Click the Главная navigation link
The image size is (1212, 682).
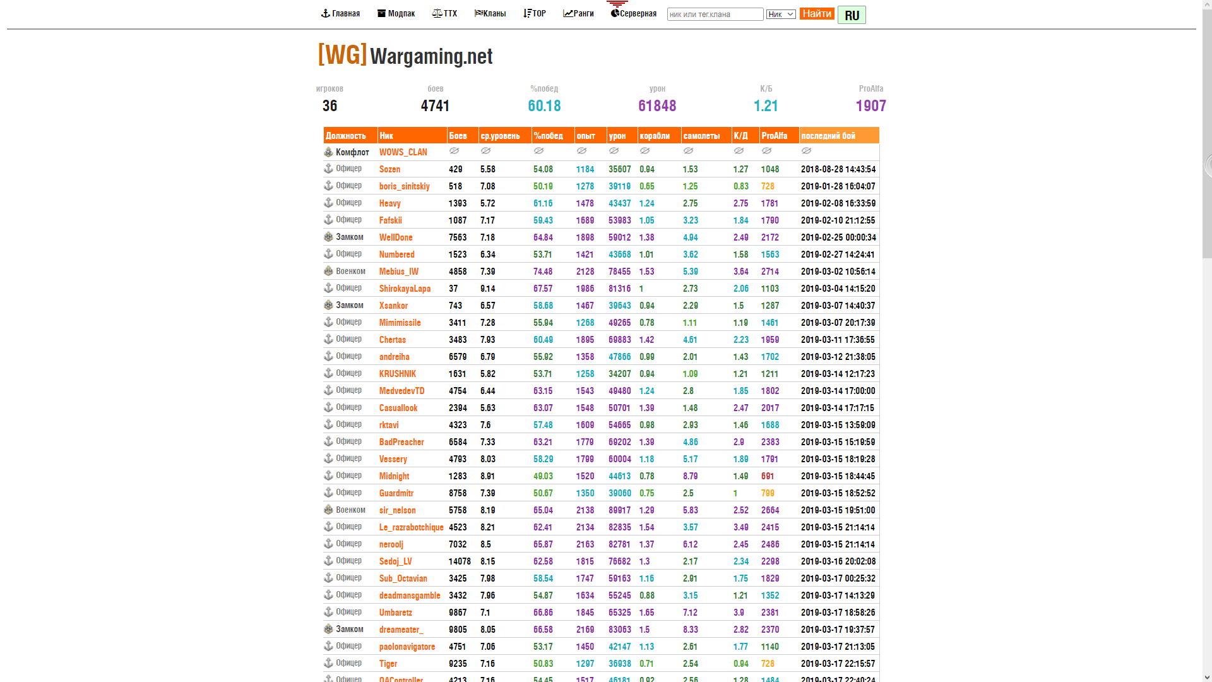pyautogui.click(x=341, y=13)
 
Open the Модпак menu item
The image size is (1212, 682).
pyautogui.click(x=396, y=13)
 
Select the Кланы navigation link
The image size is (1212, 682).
pyautogui.click(x=490, y=13)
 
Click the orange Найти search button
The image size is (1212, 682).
pyautogui.click(x=817, y=13)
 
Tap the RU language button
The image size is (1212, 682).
pyautogui.click(x=852, y=15)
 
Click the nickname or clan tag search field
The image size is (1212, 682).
pyautogui.click(x=715, y=14)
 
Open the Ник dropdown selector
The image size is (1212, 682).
pyautogui.click(x=781, y=14)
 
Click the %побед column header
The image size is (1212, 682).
pyautogui.click(x=548, y=136)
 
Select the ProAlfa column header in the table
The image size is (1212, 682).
pyautogui.click(x=775, y=136)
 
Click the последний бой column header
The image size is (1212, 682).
pyautogui.click(x=828, y=136)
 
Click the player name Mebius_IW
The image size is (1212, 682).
pyautogui.click(x=399, y=272)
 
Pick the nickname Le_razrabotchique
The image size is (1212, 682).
pyautogui.click(x=412, y=527)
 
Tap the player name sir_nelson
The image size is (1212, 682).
pyautogui.click(x=398, y=510)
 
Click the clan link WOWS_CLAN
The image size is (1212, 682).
pyautogui.click(x=403, y=152)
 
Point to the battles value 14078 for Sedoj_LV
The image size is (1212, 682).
pyautogui.click(x=460, y=561)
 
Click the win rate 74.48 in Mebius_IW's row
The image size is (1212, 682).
pyautogui.click(x=543, y=272)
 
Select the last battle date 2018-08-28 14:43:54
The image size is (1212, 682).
pyautogui.click(x=838, y=169)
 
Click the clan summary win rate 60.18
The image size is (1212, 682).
pyautogui.click(x=544, y=105)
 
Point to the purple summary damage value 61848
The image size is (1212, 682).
pyautogui.click(x=657, y=105)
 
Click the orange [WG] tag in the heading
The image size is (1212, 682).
pyautogui.click(x=342, y=55)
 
